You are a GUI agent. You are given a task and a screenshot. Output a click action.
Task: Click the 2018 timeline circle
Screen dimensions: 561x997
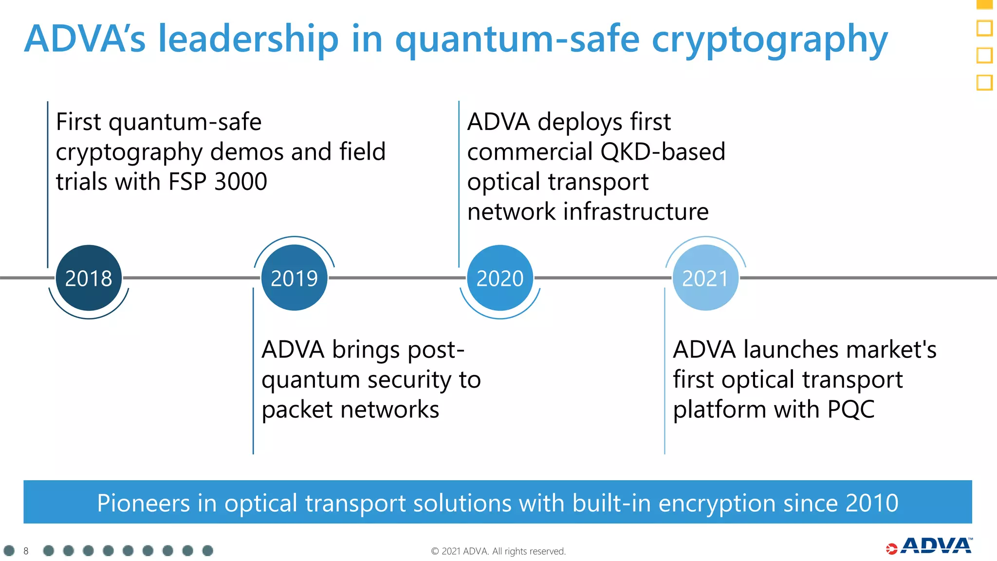(89, 278)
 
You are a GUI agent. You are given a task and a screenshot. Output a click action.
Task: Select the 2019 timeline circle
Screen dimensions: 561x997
(294, 278)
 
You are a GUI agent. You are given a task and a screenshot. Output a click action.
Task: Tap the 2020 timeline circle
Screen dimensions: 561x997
(500, 278)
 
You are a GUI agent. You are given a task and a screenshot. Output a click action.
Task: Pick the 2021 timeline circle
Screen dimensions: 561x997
(705, 278)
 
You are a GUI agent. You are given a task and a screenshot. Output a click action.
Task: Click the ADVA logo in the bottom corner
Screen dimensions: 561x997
(929, 546)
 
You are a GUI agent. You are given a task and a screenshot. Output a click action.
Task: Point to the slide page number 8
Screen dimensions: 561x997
(26, 551)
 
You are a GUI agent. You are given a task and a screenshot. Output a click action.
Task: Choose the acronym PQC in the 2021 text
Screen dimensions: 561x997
(850, 409)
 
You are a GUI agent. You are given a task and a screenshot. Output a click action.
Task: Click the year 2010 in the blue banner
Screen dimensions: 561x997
(871, 503)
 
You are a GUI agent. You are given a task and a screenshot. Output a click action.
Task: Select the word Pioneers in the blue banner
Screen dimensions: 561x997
(143, 503)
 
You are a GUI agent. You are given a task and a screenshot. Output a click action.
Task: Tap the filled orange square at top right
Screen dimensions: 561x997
(984, 4)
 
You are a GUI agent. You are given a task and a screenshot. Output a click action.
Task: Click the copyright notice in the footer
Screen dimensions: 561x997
(498, 551)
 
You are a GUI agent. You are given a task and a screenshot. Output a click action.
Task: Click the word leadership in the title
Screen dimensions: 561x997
(248, 39)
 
